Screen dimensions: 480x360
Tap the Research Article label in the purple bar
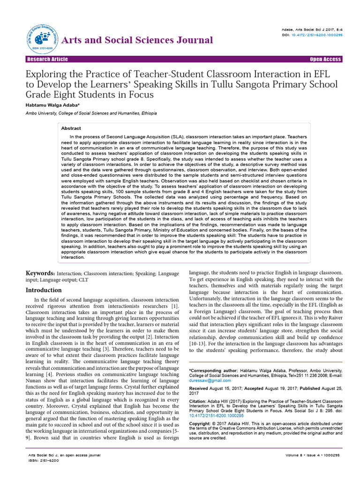click(47, 60)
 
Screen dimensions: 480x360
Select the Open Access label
click(325, 60)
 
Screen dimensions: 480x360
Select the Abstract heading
click(71, 128)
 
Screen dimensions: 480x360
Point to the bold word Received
click(199, 389)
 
